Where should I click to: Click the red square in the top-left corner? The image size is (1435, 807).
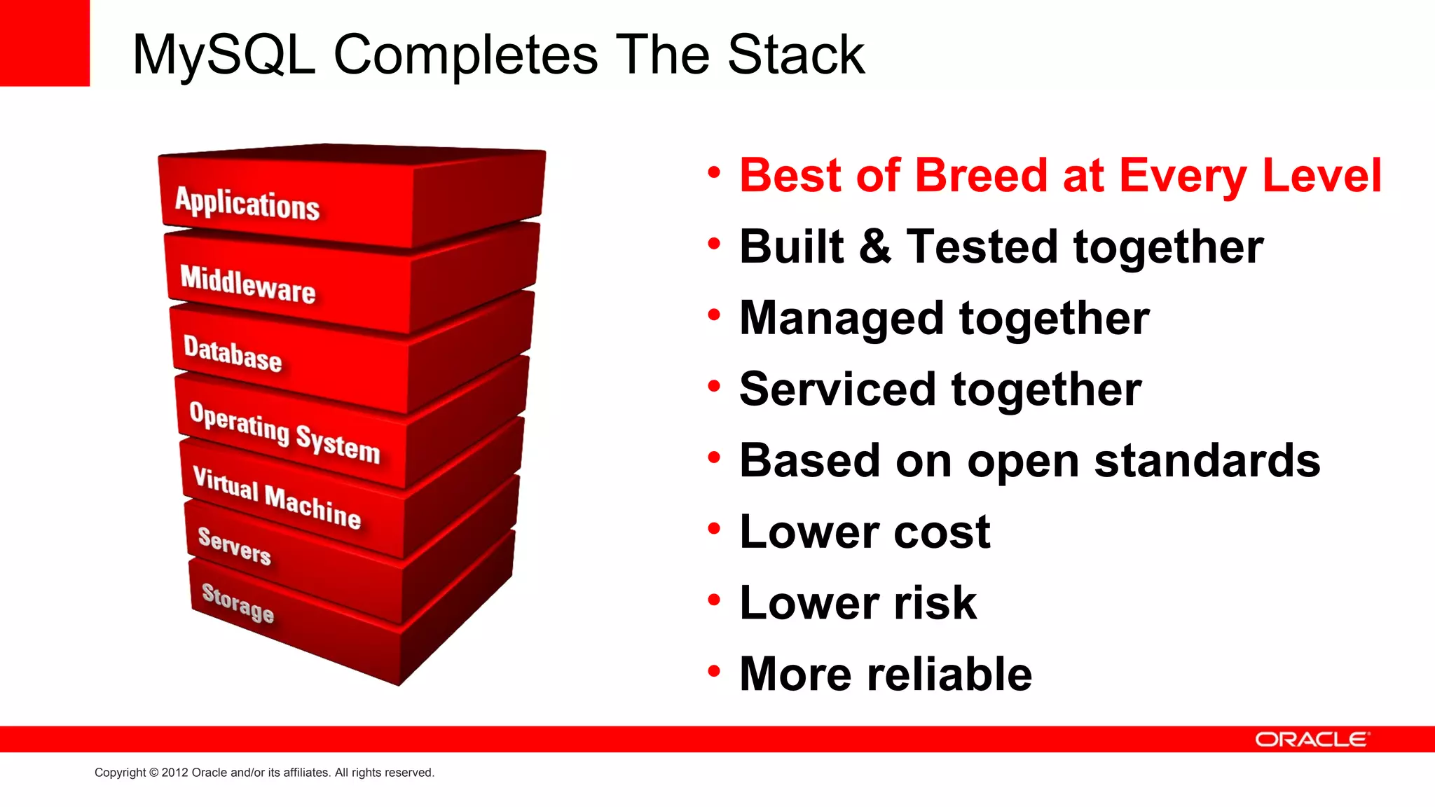pyautogui.click(x=44, y=43)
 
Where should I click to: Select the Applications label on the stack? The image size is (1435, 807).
pyautogui.click(x=247, y=204)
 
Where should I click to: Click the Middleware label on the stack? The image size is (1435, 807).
pyautogui.click(x=248, y=284)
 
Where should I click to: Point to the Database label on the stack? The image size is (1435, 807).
pyautogui.click(x=233, y=354)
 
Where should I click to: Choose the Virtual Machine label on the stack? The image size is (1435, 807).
pyautogui.click(x=277, y=497)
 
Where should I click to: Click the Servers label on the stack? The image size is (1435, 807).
pyautogui.click(x=234, y=546)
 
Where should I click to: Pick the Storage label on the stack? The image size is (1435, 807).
pyautogui.click(x=238, y=602)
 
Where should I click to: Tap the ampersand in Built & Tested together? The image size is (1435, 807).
pyautogui.click(x=875, y=247)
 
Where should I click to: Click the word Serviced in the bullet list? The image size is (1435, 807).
pyautogui.click(x=838, y=389)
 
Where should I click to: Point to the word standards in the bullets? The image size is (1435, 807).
pyautogui.click(x=1207, y=461)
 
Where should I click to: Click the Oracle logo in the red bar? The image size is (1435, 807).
pyautogui.click(x=1311, y=740)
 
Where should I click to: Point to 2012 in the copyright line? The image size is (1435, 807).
pyautogui.click(x=175, y=773)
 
